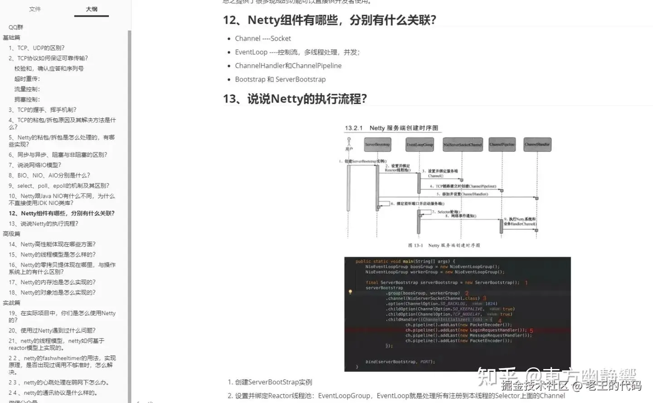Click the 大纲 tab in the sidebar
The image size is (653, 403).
coord(92,9)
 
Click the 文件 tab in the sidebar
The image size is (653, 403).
coord(35,9)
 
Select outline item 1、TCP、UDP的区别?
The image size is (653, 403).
coord(36,48)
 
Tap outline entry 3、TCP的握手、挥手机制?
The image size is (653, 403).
coord(42,110)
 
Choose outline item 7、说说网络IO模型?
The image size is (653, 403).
coord(34,165)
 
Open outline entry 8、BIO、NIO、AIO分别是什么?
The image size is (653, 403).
coord(49,175)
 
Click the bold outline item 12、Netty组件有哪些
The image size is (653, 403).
coord(61,214)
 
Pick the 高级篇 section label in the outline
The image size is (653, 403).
coord(11,234)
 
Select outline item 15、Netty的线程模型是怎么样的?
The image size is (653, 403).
coord(52,255)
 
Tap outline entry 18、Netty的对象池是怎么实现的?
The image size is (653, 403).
coord(52,293)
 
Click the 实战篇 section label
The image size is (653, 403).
coord(11,303)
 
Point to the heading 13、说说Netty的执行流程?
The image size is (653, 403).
coord(295,99)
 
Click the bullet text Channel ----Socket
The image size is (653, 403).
coord(263,39)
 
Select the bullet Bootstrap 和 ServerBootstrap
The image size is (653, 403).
coord(280,79)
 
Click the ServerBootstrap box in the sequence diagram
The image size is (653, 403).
coord(377,145)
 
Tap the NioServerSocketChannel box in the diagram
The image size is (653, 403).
coord(463,145)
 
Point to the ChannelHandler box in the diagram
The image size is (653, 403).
coord(537,145)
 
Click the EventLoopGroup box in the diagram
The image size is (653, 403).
coord(420,145)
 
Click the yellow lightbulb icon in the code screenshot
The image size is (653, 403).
coord(350,292)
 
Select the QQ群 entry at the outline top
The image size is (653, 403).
coord(16,27)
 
